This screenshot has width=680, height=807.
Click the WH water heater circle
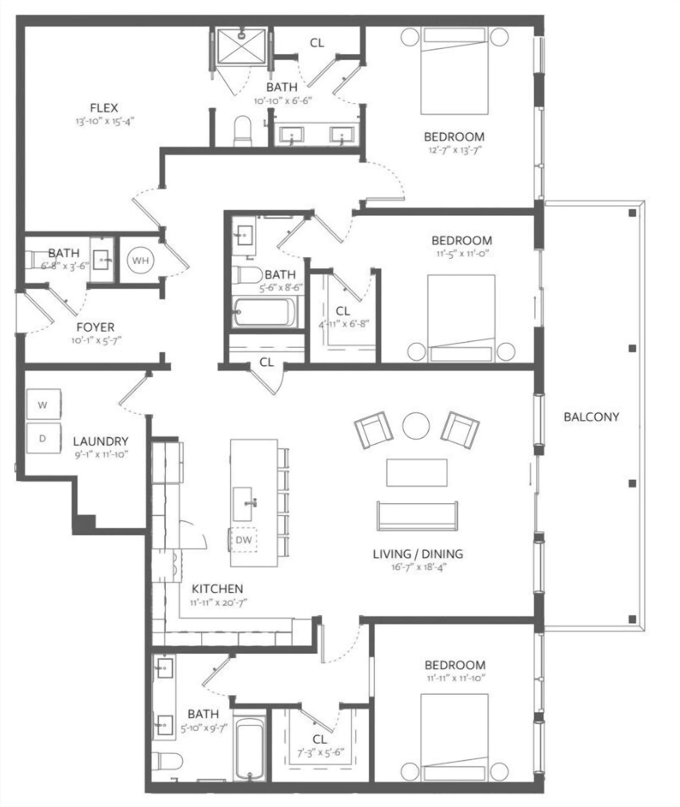point(140,260)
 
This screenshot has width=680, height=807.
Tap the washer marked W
point(44,404)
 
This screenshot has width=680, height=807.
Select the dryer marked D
point(44,438)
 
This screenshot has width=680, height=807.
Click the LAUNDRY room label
point(101,441)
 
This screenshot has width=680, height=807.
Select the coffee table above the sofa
point(417,472)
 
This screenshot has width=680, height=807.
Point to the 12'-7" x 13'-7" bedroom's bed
point(454,71)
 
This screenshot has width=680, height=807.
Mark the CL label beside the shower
point(317,43)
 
